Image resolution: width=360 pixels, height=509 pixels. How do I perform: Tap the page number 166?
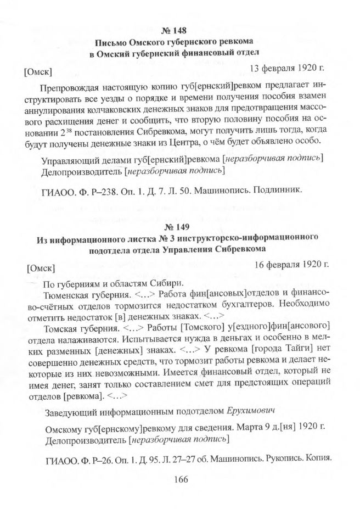click(x=180, y=479)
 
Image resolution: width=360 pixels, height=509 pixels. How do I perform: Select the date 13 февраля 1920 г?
click(x=289, y=69)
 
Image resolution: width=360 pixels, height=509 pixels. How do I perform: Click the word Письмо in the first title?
click(x=112, y=42)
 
